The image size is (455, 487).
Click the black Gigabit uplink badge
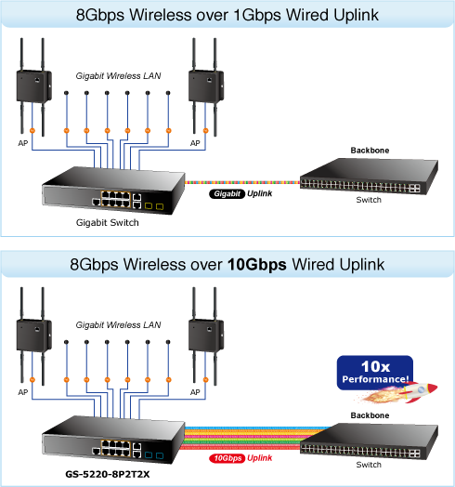[227, 194]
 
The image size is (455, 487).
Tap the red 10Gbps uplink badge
[227, 458]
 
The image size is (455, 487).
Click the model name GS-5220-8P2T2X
[108, 474]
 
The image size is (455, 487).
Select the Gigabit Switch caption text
[108, 222]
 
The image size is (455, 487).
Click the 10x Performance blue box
[375, 372]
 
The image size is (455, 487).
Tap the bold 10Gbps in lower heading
[257, 265]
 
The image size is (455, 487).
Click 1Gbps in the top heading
[257, 15]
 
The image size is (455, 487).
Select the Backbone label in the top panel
[370, 151]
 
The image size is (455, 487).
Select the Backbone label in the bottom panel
[370, 415]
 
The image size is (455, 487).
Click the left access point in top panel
[33, 87]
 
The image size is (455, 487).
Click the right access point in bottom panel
[206, 336]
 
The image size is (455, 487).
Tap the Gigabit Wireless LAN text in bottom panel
[118, 325]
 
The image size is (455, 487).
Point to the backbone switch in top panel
[369, 176]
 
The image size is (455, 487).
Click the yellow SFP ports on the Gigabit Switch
[154, 206]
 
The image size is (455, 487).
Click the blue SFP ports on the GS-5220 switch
[154, 455]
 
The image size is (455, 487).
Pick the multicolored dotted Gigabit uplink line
[242, 182]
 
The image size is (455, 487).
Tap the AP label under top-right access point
[195, 143]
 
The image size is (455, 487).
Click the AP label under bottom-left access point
[23, 392]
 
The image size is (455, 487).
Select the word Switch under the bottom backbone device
[369, 465]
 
